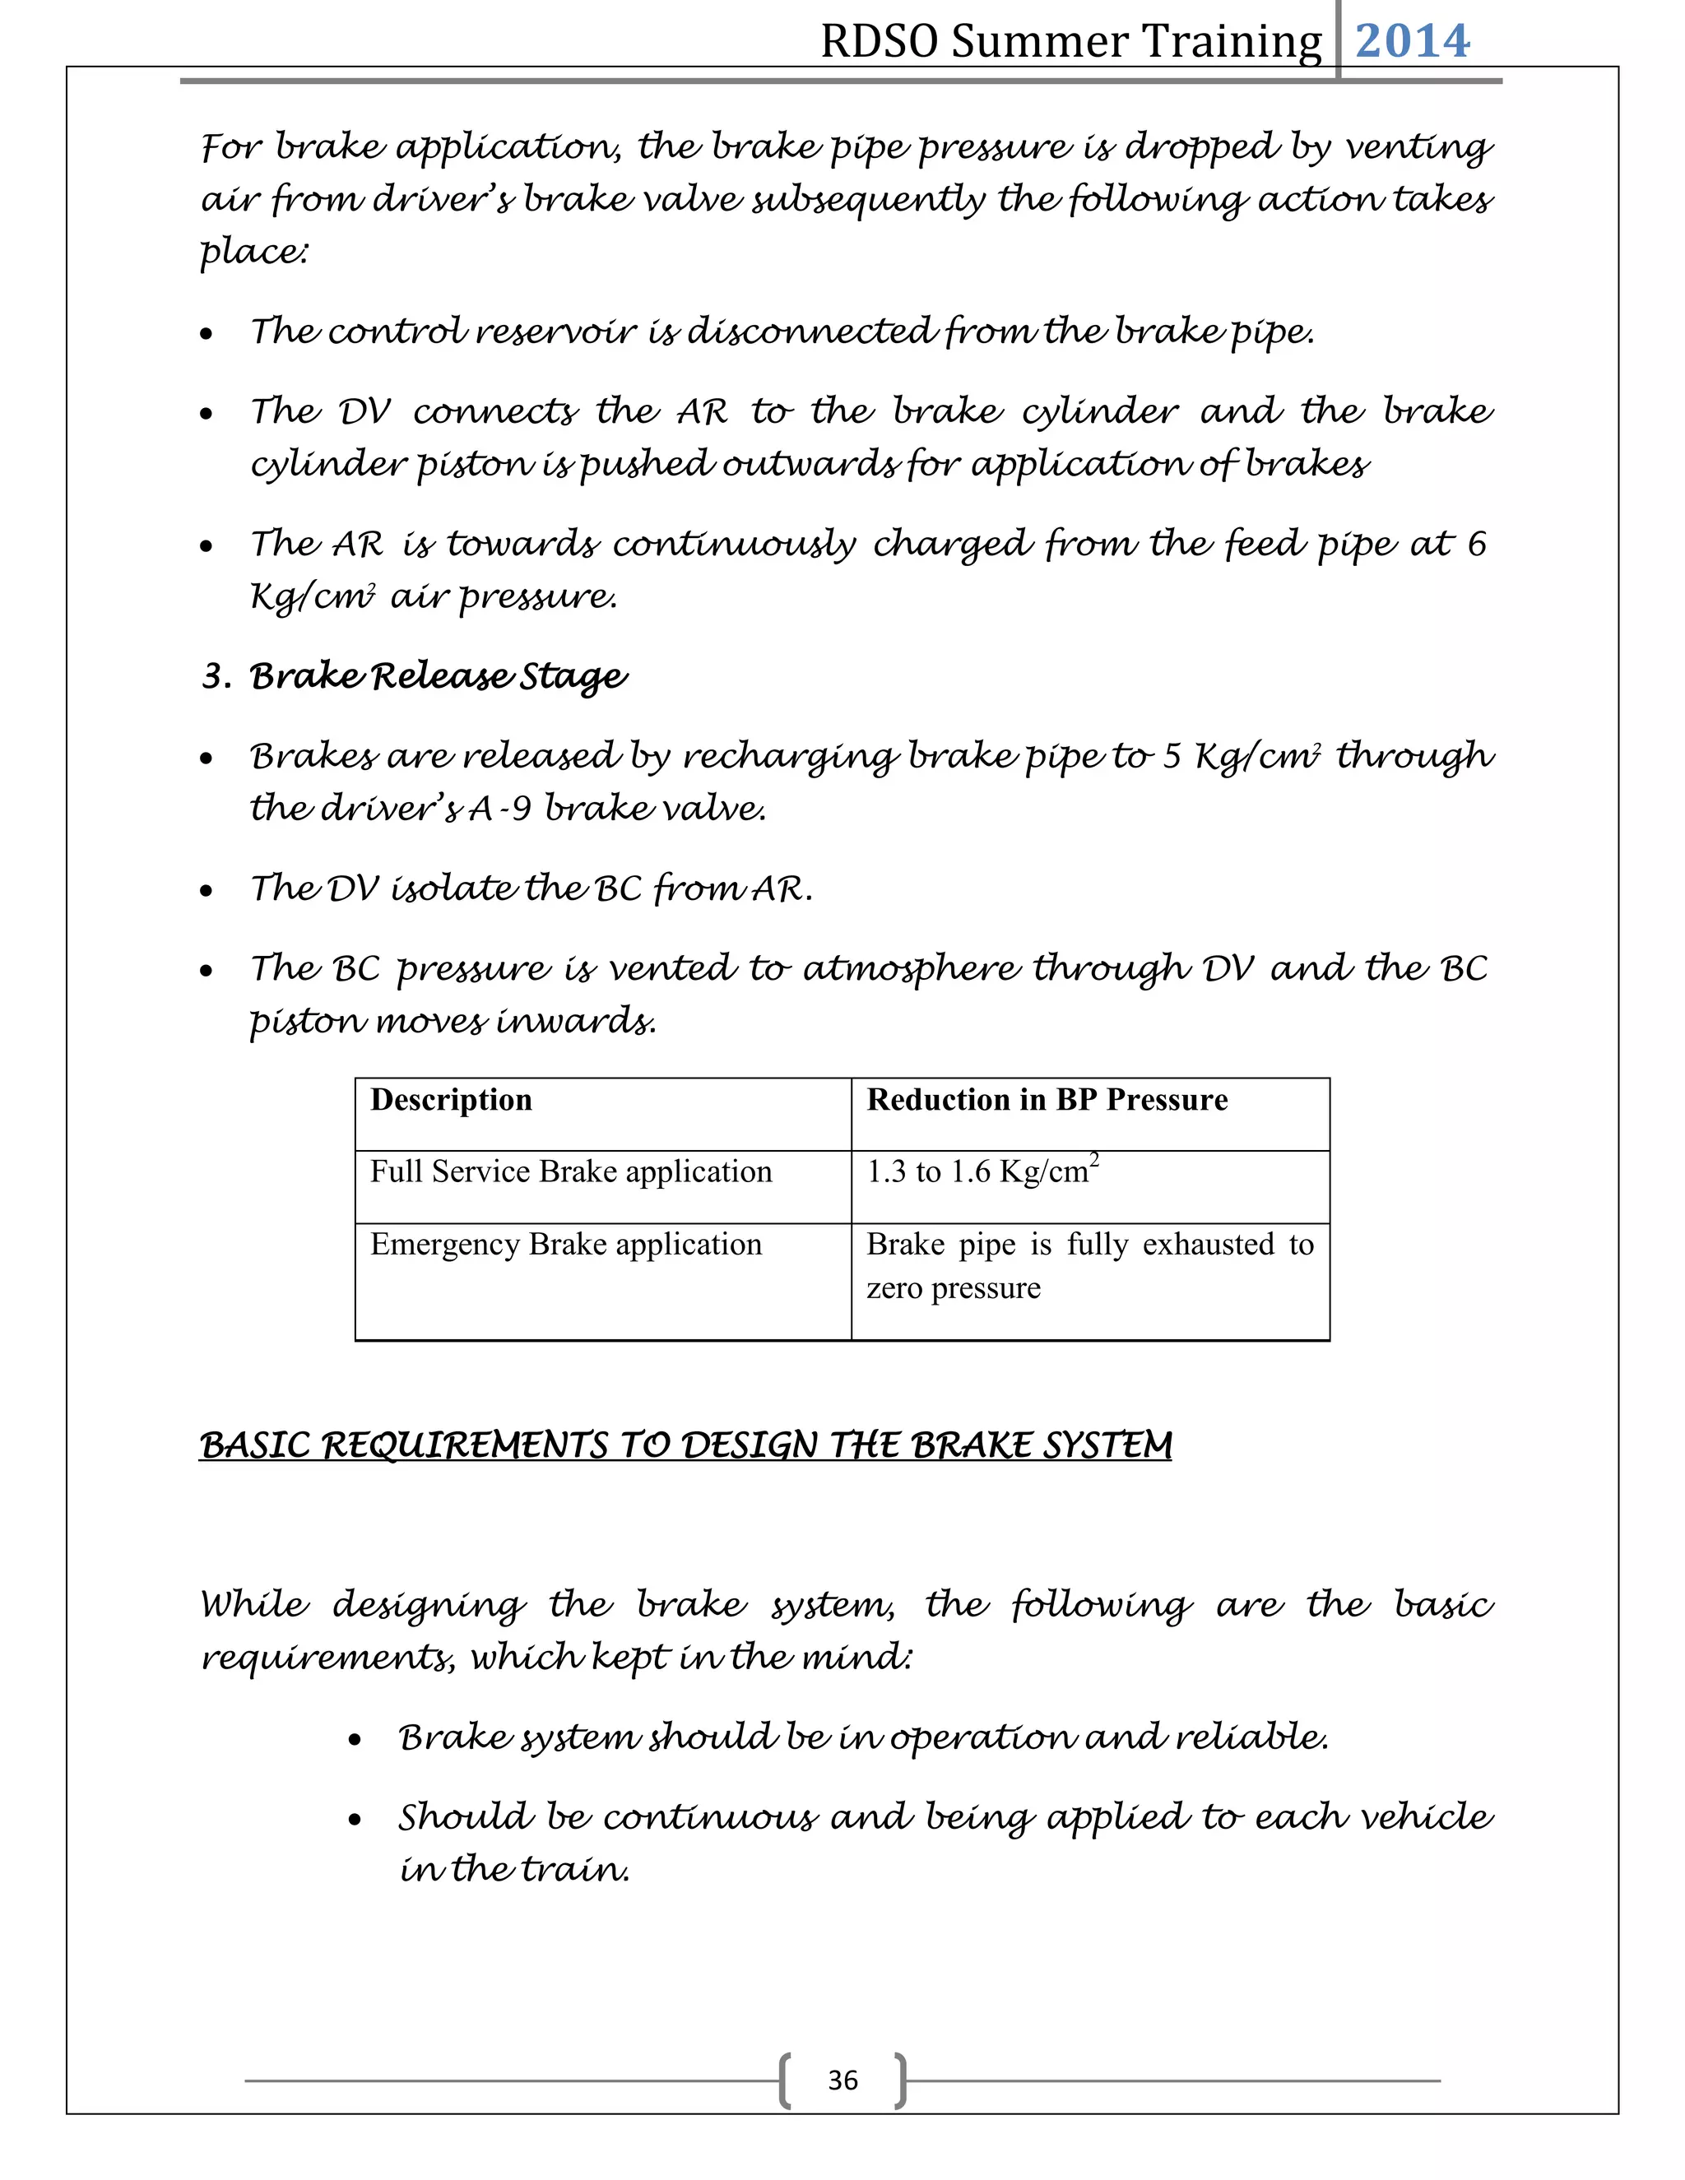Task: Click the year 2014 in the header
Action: click(1412, 41)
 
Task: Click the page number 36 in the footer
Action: click(842, 2080)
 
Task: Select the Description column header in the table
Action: click(451, 1100)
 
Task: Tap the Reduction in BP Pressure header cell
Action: click(1047, 1100)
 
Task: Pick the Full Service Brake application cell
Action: click(571, 1171)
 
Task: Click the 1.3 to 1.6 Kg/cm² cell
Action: click(982, 1171)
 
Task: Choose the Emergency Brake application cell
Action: click(566, 1245)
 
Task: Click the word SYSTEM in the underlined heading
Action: click(1107, 1445)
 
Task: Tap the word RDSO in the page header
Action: click(880, 42)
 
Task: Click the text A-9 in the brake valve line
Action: click(500, 809)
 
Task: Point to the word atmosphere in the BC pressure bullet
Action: click(912, 969)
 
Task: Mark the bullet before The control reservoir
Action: click(207, 334)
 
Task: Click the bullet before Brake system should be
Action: click(355, 1741)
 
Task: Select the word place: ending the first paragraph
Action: click(253, 252)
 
